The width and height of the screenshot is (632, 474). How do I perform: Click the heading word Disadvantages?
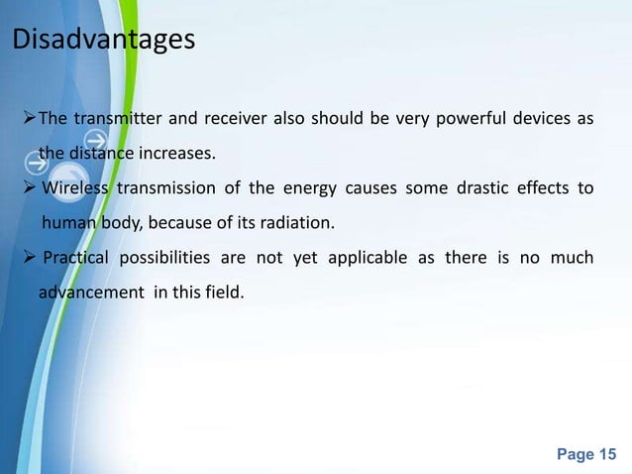click(x=103, y=43)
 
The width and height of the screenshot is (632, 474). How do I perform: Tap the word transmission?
click(x=167, y=189)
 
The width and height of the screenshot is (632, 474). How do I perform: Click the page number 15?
click(x=607, y=454)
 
